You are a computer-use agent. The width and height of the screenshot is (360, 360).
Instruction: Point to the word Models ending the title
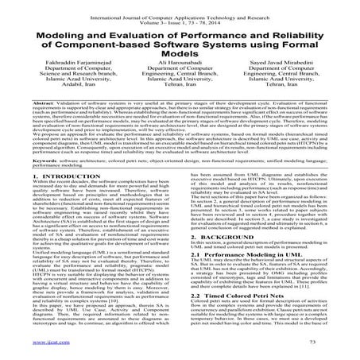point(180,51)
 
